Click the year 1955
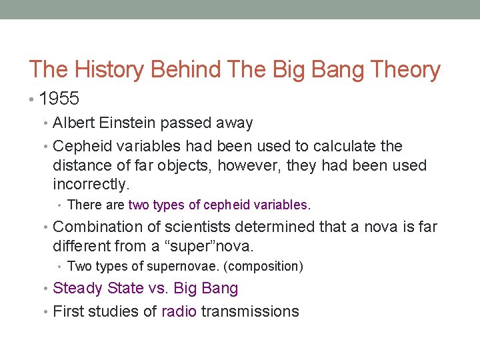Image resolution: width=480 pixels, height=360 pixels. [59, 99]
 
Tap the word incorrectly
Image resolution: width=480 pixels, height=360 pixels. [90, 183]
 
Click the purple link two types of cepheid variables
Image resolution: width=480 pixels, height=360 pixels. [218, 205]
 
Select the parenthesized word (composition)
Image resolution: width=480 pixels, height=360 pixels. [263, 266]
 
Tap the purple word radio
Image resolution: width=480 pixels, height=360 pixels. [179, 311]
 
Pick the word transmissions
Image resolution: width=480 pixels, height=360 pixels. [250, 311]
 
